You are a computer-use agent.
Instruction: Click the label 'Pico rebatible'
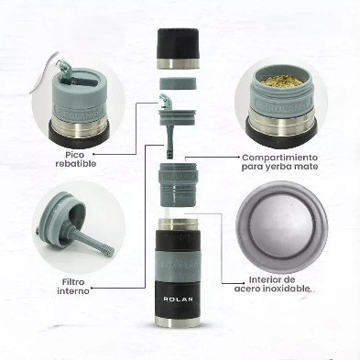coord(76,159)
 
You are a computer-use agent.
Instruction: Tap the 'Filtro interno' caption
coord(73,287)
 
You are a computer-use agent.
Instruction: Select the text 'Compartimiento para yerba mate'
coord(279,162)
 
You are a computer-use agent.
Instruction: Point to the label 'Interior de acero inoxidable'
coord(272,284)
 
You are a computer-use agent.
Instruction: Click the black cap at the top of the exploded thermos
coord(178,49)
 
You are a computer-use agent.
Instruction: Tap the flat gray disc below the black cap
coord(178,83)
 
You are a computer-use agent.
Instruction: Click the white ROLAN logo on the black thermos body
coord(179,299)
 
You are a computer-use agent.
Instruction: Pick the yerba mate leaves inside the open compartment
coord(281,81)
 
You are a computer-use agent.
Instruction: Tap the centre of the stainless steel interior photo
coord(281,227)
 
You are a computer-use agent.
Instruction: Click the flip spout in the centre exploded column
coord(166,101)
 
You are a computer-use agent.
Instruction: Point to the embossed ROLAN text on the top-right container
coord(281,107)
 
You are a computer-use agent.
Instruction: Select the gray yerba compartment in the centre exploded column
coord(179,184)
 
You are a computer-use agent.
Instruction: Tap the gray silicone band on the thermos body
coord(178,266)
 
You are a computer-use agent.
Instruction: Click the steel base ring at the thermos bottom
coord(178,322)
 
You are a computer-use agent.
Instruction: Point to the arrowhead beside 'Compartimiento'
coord(238,157)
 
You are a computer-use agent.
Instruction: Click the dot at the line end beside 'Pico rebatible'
coord(93,154)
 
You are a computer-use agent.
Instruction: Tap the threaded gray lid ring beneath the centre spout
coord(178,117)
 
